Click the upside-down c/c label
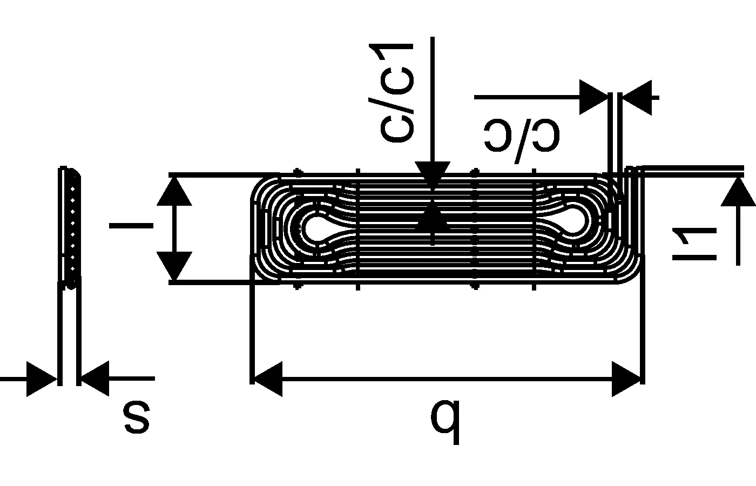coord(522,135)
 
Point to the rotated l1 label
coord(693,244)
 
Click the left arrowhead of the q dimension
coord(267,379)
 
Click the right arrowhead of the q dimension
coord(626,379)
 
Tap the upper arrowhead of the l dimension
coord(174,191)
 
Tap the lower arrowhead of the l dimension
coord(174,266)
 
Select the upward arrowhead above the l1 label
coord(738,192)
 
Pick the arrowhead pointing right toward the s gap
coord(42,379)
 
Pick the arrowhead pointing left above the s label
coord(95,379)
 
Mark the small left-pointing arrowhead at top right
coord(637,97)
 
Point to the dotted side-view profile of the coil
coord(72,227)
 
